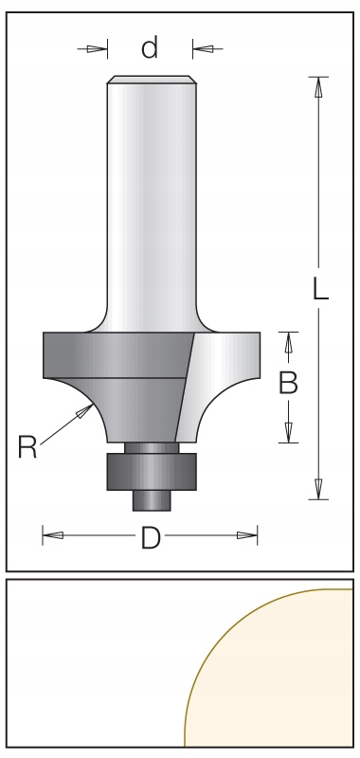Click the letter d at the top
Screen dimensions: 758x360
click(x=150, y=48)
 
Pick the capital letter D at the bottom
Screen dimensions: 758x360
click(x=150, y=538)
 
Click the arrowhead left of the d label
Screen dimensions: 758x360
click(x=98, y=48)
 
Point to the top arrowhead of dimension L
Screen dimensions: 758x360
click(x=318, y=87)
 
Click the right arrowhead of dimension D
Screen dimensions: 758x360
click(x=248, y=536)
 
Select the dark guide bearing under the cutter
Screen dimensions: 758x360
click(x=151, y=469)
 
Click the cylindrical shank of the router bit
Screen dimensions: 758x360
click(x=151, y=208)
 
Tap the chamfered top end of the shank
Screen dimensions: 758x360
click(x=151, y=80)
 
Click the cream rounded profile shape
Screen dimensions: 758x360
click(x=284, y=682)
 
